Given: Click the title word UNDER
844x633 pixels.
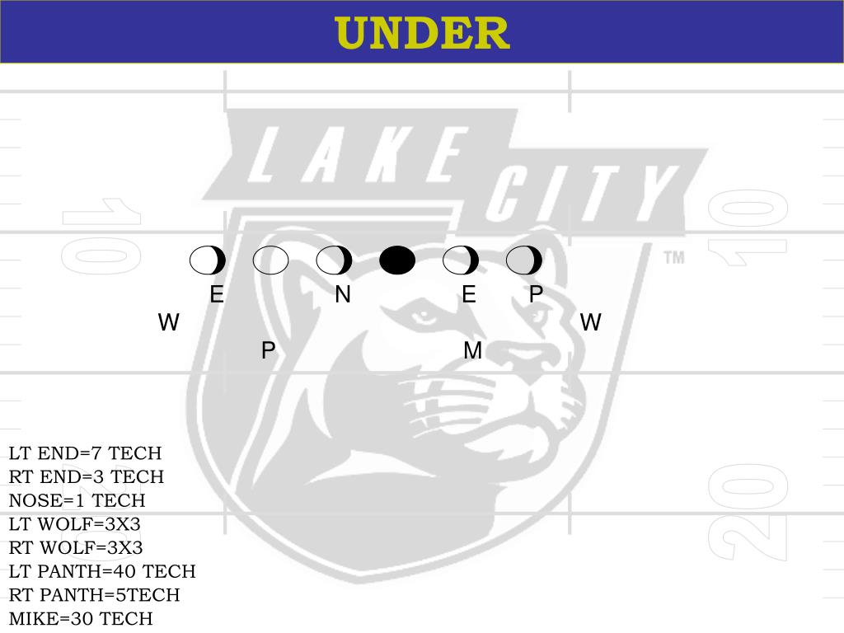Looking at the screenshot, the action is point(422,33).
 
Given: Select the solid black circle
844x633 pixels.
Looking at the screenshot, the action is point(397,260).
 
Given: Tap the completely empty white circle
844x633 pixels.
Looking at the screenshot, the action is point(270,260).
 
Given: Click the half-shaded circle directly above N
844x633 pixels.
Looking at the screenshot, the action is point(334,260).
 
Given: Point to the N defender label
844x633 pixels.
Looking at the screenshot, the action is point(343,294).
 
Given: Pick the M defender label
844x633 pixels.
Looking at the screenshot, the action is point(472,351).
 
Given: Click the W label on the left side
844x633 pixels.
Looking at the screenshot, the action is point(169,322).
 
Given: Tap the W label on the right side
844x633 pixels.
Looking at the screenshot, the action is point(590,322).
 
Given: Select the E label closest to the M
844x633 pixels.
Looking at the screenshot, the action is point(469,294).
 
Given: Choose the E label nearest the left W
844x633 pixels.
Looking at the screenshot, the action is point(217,294).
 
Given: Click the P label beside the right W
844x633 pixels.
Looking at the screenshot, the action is point(536,294).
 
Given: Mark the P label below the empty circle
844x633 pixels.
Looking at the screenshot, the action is point(268,351).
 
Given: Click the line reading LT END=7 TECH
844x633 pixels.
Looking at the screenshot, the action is point(85,453).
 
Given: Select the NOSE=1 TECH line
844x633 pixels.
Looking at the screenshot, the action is point(77,500).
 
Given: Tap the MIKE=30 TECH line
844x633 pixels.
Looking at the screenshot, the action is point(81,618).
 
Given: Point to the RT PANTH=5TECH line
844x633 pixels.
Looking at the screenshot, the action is point(94,595).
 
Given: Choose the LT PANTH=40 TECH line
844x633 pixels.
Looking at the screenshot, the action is point(102,571).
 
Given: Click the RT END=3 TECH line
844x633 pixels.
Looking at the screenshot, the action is point(87,477).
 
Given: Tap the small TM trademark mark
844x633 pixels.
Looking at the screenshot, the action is point(673,258).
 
